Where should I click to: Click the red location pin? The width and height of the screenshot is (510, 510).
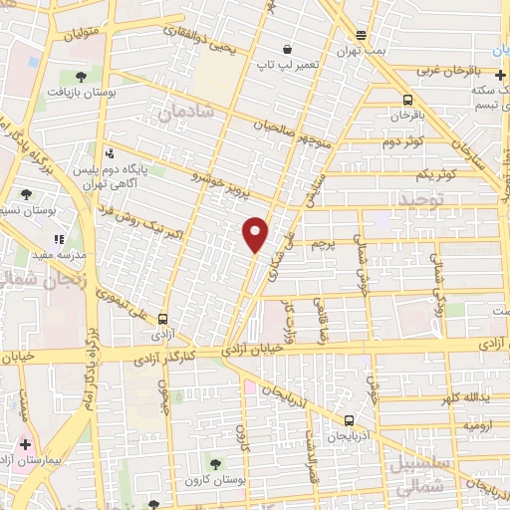click(256, 234)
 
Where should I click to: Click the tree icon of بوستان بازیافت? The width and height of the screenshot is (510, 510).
click(81, 75)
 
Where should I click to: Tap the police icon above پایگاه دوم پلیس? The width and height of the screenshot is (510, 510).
click(109, 153)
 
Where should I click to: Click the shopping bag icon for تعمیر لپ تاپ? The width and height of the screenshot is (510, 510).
click(287, 50)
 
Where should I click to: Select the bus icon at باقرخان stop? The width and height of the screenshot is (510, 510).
click(407, 100)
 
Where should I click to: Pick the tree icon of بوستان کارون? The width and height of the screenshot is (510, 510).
click(214, 463)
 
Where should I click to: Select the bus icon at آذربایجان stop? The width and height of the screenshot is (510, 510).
click(349, 420)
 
